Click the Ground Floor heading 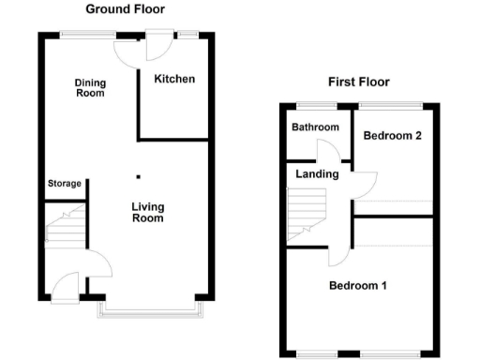125,9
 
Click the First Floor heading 358,82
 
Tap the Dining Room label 91,88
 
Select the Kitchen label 175,79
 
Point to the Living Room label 147,213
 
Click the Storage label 65,183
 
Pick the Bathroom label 313,127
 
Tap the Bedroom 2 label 393,136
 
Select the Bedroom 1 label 357,285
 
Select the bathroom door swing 329,153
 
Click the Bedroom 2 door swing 365,183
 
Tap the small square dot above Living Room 139,175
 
